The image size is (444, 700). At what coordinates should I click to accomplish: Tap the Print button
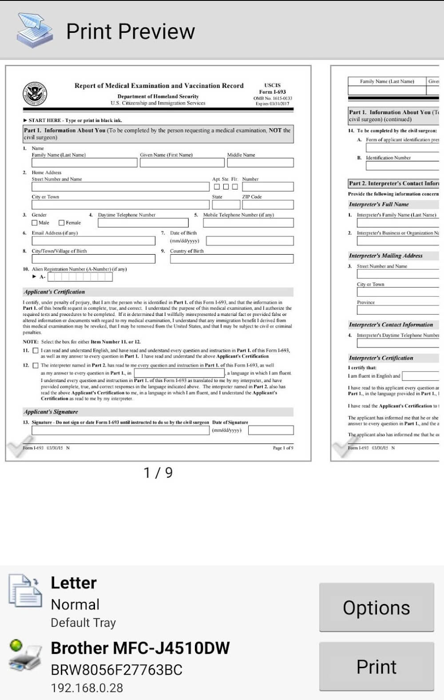coord(376,666)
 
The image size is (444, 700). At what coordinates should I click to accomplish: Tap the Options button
coord(376,607)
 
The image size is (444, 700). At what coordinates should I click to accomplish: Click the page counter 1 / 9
coord(158,473)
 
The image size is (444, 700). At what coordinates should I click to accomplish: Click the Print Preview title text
coord(131,31)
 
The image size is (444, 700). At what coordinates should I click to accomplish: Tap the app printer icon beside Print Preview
coord(34,30)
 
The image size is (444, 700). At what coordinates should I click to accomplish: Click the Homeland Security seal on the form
coord(35,94)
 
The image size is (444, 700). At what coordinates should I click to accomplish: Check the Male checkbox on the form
coord(35,223)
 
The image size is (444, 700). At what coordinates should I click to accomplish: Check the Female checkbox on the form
coord(62,223)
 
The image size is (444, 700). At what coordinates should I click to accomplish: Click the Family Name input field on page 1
coord(84,163)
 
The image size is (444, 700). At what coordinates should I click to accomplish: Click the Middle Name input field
coord(260,163)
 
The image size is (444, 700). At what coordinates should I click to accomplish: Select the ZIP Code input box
coord(268,204)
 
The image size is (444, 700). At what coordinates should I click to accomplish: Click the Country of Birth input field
coord(232,259)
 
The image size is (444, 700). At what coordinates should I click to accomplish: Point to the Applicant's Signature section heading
coord(51,412)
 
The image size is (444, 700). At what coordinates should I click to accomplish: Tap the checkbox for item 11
coord(36,350)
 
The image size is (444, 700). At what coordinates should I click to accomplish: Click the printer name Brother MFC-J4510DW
coord(140,648)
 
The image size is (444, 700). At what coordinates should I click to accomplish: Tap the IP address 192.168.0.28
coord(87,688)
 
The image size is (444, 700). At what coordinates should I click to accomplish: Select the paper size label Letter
coord(74,583)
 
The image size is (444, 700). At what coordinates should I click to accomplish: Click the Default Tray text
coord(83,623)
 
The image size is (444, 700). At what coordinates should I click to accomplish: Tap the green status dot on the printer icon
coord(16,645)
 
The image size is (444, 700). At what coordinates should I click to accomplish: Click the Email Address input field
coord(93,241)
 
